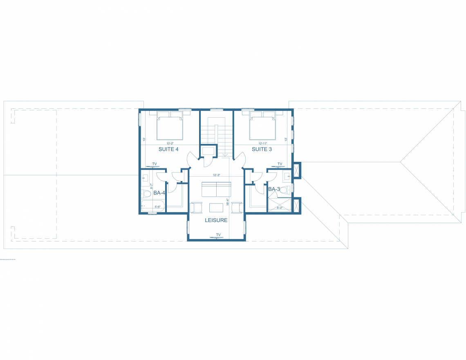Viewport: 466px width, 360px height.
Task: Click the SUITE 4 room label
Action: pyautogui.click(x=168, y=149)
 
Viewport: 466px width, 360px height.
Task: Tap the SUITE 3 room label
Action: pyautogui.click(x=262, y=149)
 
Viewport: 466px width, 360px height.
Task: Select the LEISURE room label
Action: pyautogui.click(x=216, y=220)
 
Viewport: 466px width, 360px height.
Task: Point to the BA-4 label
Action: pyautogui.click(x=159, y=193)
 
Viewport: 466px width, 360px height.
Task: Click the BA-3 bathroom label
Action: pyautogui.click(x=274, y=189)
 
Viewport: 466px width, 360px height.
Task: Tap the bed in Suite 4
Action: pyautogui.click(x=170, y=127)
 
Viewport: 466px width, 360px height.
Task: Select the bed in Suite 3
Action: pyautogui.click(x=263, y=127)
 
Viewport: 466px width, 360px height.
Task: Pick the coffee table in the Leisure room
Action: pyautogui.click(x=216, y=208)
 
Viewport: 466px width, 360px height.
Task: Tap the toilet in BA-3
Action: pyautogui.click(x=289, y=189)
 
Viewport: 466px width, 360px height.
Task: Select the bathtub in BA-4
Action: pyautogui.click(x=153, y=206)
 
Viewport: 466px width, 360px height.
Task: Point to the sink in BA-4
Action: pyautogui.click(x=145, y=179)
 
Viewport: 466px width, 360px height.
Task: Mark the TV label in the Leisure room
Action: pyautogui.click(x=218, y=235)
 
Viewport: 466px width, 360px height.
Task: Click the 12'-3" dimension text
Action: pyautogui.click(x=217, y=175)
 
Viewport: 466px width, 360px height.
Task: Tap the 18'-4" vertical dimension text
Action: pyautogui.click(x=227, y=202)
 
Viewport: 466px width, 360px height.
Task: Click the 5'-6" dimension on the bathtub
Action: pyautogui.click(x=157, y=207)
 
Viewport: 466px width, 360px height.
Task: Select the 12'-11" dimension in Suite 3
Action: pyautogui.click(x=263, y=143)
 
